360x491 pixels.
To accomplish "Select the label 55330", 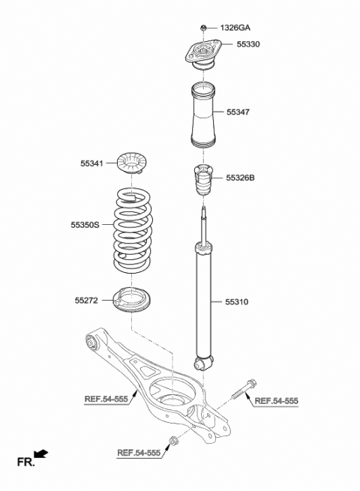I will pyautogui.click(x=248, y=45).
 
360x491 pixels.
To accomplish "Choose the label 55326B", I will pyautogui.click(x=240, y=178).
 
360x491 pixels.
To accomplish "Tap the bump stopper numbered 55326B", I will pyautogui.click(x=201, y=182).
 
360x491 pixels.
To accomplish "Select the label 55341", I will pyautogui.click(x=93, y=162).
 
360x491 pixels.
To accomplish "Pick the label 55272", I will pyautogui.click(x=86, y=300).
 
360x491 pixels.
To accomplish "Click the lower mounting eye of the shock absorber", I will pyautogui.click(x=202, y=364).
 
